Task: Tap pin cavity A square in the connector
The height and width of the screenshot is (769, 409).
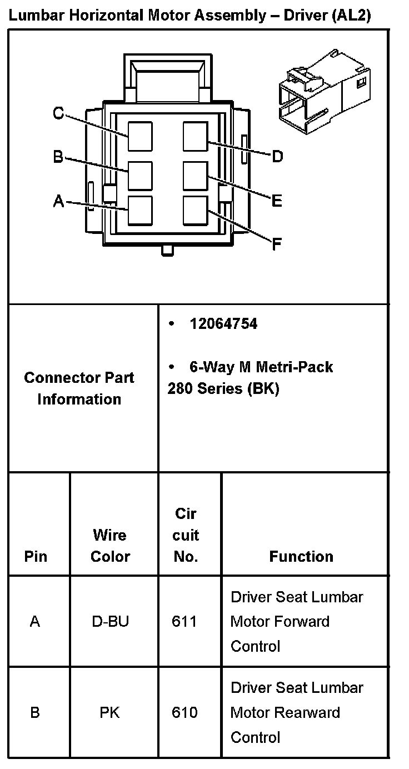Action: click(x=140, y=211)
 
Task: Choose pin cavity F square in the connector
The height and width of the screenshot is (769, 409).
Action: click(x=196, y=211)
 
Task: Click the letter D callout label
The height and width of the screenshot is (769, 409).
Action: click(x=277, y=156)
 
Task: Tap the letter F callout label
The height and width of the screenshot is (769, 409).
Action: click(x=276, y=243)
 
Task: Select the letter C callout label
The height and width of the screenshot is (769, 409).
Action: click(x=58, y=114)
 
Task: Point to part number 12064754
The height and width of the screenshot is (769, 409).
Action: click(x=223, y=324)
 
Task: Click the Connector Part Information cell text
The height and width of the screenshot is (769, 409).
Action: click(x=79, y=388)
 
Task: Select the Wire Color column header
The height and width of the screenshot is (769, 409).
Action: click(x=110, y=546)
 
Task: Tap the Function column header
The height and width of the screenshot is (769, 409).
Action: click(x=301, y=556)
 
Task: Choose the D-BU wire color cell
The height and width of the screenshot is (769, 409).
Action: click(x=110, y=621)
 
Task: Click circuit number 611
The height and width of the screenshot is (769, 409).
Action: click(x=184, y=621)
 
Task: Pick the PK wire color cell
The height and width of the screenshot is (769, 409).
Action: click(x=109, y=712)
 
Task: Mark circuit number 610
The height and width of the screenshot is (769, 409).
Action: click(x=184, y=712)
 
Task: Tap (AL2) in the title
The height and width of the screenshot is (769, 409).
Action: click(x=351, y=16)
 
